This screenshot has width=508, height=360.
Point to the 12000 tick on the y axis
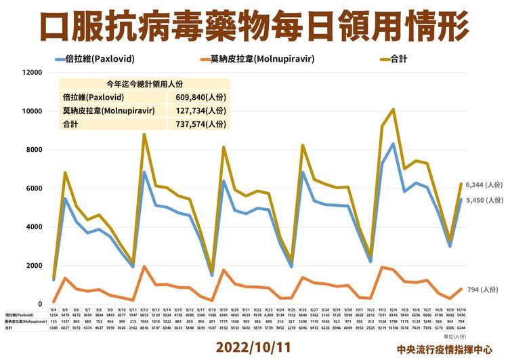(x=32, y=72)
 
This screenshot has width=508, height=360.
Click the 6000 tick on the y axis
(x=34, y=188)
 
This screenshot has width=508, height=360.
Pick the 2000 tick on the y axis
(x=34, y=265)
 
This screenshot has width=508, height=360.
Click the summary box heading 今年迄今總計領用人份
(x=145, y=83)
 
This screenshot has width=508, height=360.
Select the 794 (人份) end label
(x=482, y=289)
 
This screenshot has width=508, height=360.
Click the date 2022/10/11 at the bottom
(x=253, y=346)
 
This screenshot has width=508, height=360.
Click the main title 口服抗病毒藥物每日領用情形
(x=254, y=25)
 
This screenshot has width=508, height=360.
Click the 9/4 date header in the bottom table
(x=54, y=309)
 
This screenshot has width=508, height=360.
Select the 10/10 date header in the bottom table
(x=460, y=309)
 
